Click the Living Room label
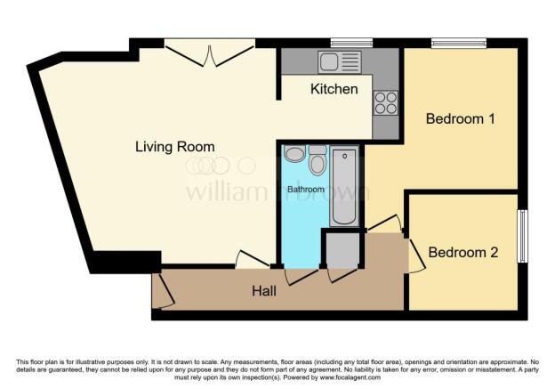point(174,146)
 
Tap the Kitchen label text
point(334,89)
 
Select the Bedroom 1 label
point(459,118)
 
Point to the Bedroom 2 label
point(462,253)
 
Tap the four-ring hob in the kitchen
point(386,102)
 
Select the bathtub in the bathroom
point(343,188)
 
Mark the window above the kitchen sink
point(350,42)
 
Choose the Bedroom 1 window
point(459,42)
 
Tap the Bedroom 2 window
point(523,236)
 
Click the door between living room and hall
point(253,260)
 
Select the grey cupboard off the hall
point(340,250)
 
